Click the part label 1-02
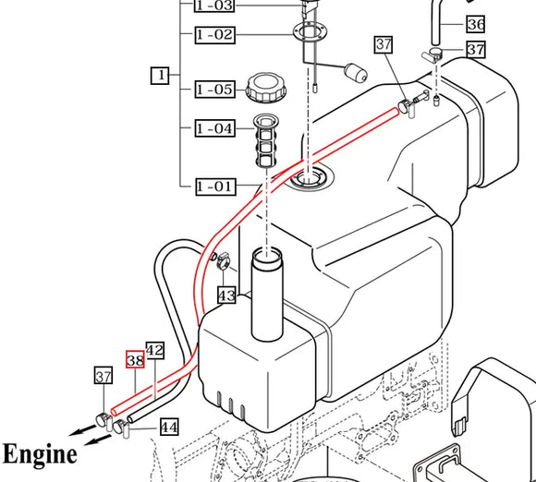[214, 35]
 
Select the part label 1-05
[214, 90]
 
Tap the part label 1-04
[214, 128]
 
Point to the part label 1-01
[214, 187]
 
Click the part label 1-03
[214, 6]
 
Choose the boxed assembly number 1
[160, 76]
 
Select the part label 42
[154, 351]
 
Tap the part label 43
[226, 295]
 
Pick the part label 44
[168, 427]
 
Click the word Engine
[40, 454]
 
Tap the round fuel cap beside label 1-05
[267, 89]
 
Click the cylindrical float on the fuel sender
[355, 73]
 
